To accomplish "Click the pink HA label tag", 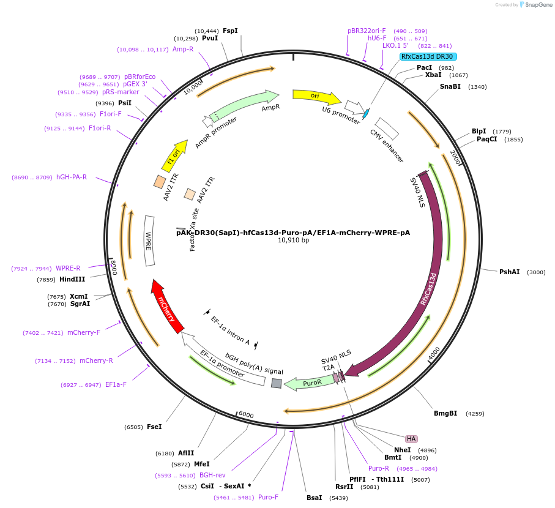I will coord(411,439).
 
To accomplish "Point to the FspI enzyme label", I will coord(230,31).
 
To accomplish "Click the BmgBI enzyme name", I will coord(445,413).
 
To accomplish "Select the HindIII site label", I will coord(72,279).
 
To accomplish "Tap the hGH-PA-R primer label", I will coord(72,177).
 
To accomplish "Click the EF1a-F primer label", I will coord(116,384).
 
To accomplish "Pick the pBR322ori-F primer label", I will coord(367,31).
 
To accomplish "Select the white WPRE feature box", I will coord(149,241).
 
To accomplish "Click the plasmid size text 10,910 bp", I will coord(293,241).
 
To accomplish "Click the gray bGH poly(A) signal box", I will coord(277,383).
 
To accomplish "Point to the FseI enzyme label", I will coord(154,427).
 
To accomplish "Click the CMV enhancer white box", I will coord(387,128).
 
